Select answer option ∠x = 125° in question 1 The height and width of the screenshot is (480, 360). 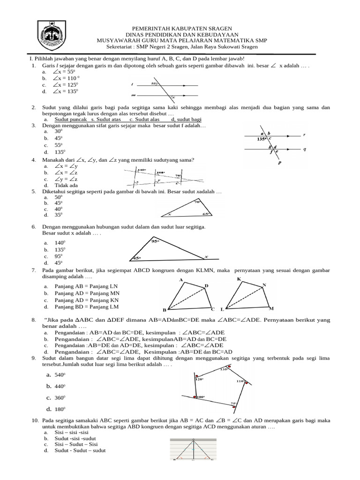click(x=65, y=85)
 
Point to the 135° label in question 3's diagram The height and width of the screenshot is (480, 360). click(x=261, y=139)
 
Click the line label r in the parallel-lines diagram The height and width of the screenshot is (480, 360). click(x=304, y=135)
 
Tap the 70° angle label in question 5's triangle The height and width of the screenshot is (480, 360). click(x=196, y=202)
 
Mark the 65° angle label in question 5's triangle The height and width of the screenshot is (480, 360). click(x=205, y=214)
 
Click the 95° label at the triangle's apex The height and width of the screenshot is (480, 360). click(x=156, y=241)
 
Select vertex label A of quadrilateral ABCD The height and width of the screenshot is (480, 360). click(x=180, y=280)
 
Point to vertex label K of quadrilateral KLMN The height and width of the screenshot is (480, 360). click(x=239, y=279)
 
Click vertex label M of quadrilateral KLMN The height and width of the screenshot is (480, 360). click(x=271, y=308)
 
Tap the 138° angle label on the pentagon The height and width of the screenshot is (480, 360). click(x=224, y=369)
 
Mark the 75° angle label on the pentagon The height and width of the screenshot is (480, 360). click(x=233, y=403)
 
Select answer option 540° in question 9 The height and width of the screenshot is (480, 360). click(x=59, y=375)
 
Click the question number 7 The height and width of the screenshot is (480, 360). click(x=34, y=270)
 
